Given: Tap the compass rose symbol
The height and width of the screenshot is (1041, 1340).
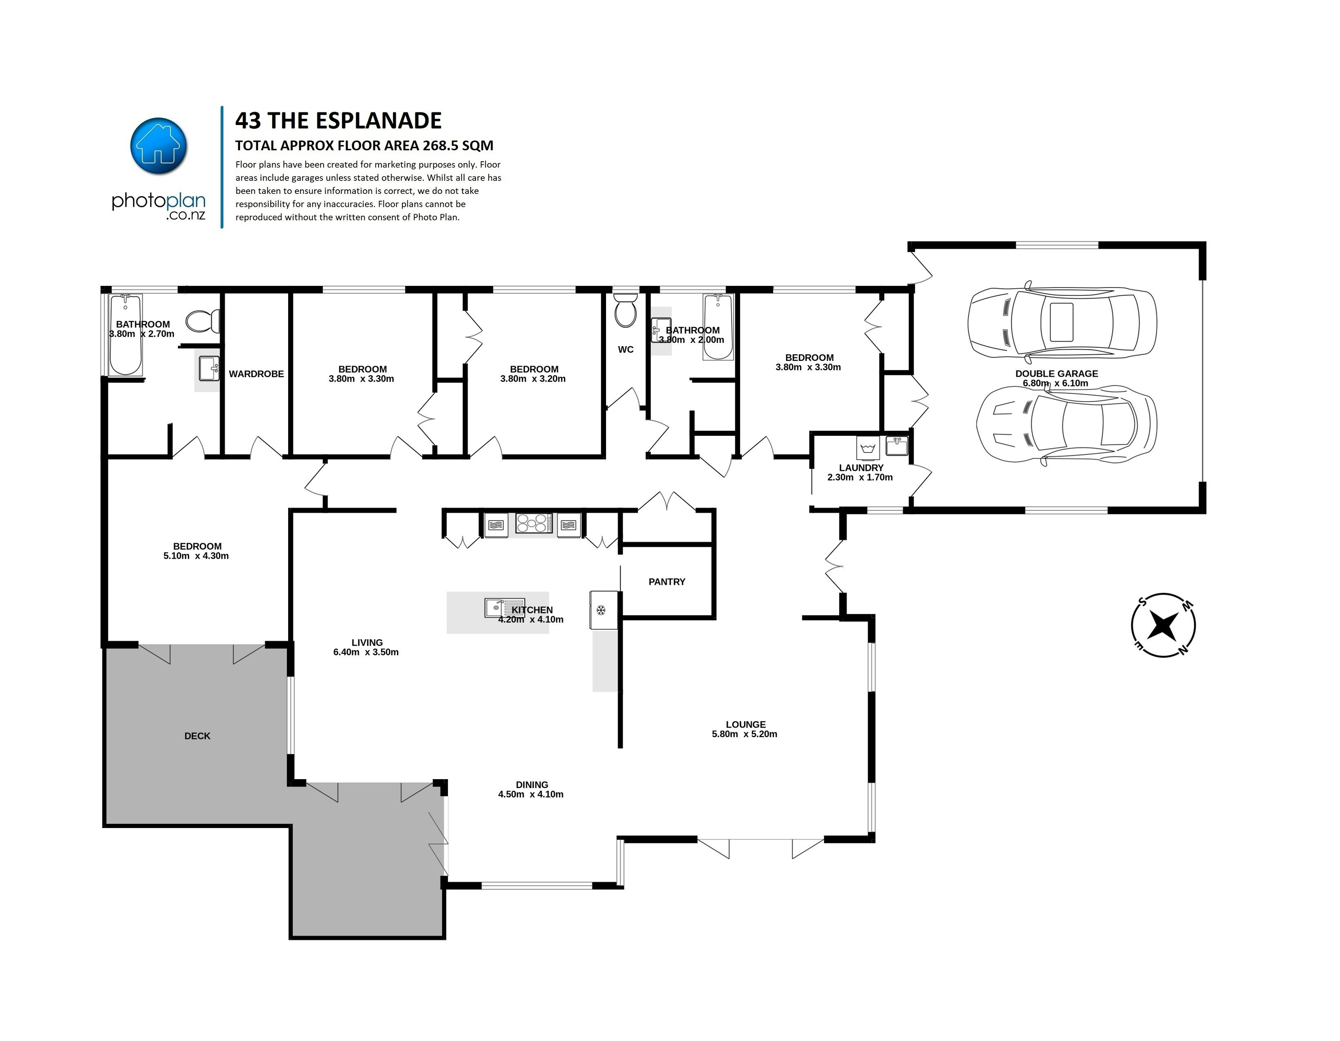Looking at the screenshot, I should (x=1163, y=625).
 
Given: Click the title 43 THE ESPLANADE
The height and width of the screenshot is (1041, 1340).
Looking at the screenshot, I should (x=338, y=121).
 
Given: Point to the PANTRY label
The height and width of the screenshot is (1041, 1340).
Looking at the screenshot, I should (x=666, y=581).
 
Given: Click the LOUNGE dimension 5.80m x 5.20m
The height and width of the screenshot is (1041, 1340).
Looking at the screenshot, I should (x=744, y=734).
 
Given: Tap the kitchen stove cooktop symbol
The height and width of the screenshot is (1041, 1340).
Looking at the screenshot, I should (x=532, y=523).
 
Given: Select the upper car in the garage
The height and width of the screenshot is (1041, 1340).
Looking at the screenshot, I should (x=1062, y=322).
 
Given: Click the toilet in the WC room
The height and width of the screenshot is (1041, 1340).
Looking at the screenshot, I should (x=625, y=310).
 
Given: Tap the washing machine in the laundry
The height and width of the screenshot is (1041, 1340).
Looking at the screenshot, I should (x=868, y=446).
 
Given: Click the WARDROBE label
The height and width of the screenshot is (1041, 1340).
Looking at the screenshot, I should (x=256, y=373).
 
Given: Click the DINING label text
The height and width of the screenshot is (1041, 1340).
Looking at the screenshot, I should (x=531, y=784).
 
